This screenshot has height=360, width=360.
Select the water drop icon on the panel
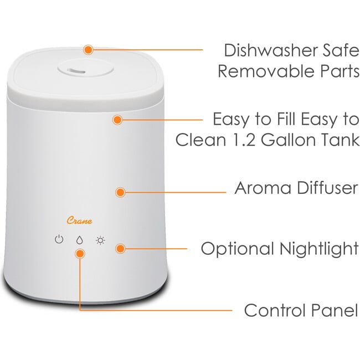80,240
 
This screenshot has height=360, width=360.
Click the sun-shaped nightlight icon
100,240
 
